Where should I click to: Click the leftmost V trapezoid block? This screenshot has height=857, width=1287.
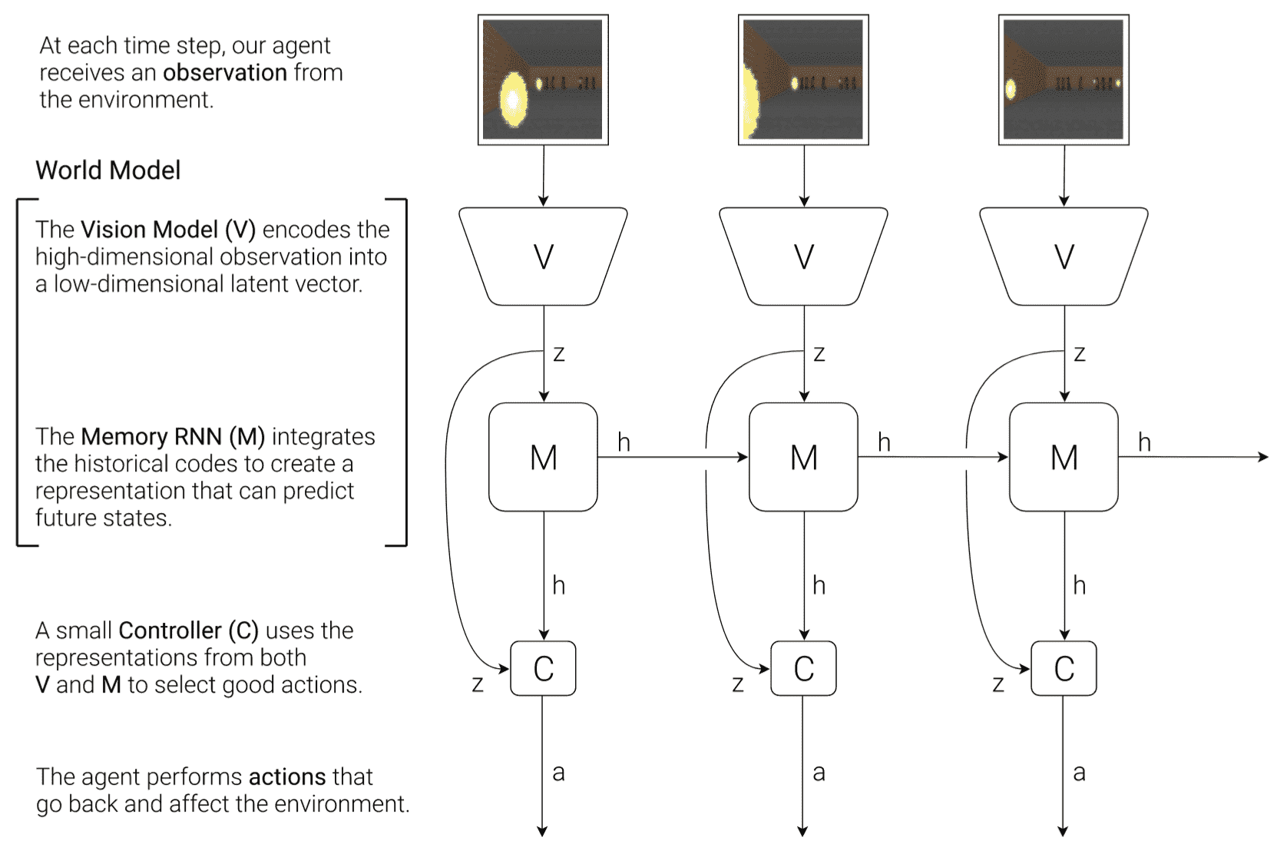543,256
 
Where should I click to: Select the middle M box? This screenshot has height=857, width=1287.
803,457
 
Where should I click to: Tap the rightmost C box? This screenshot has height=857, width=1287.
1064,668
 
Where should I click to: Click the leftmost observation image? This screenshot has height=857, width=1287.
543,80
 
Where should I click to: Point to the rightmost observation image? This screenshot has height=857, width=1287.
1064,80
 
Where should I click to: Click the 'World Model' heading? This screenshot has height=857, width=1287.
108,170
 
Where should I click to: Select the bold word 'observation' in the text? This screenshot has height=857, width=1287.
225,72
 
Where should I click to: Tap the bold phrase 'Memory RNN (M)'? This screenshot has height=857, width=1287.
173,436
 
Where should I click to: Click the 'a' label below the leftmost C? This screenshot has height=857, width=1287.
558,773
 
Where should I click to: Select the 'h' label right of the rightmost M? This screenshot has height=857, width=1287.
1144,442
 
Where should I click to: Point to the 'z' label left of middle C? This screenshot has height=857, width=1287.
738,683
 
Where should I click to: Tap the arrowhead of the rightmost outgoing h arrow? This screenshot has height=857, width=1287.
1263,457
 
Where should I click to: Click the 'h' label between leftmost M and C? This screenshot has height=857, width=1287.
558,585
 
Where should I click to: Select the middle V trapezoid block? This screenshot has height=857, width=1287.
803,256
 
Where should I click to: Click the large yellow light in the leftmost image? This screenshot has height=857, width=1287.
513,99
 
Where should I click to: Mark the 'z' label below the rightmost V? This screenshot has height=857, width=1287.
1079,354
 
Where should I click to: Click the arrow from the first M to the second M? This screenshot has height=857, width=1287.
672,457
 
